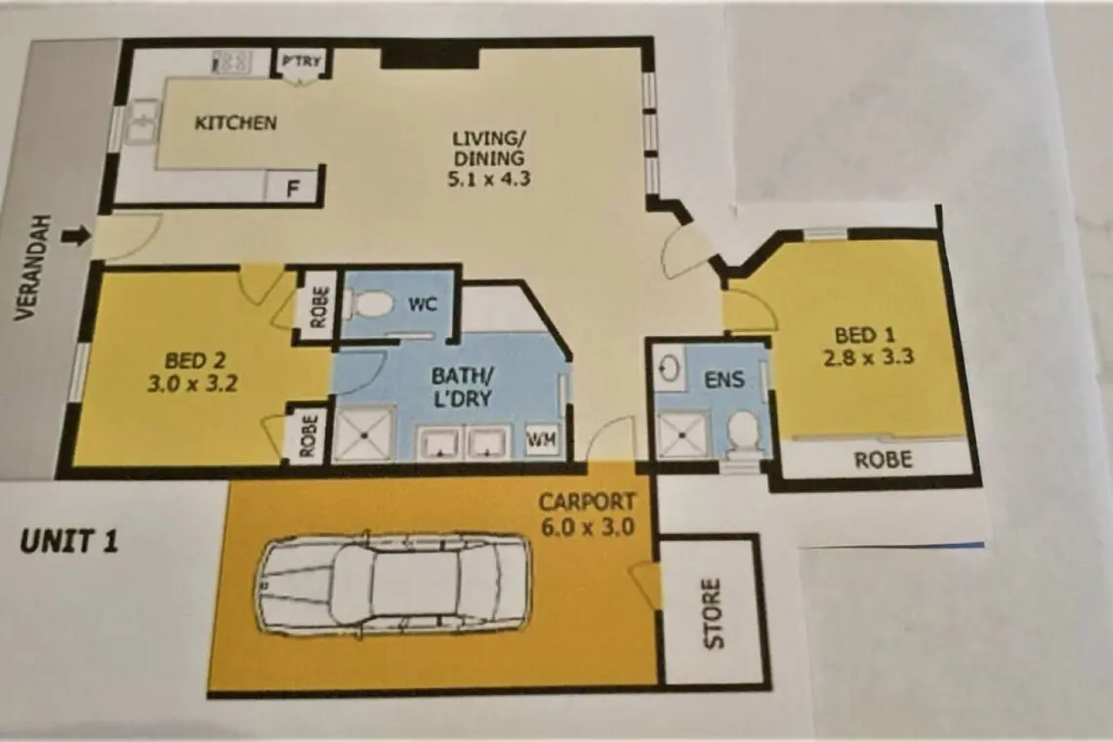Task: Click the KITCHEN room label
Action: click(235, 123)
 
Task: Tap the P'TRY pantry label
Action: click(302, 62)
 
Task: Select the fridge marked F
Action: click(292, 188)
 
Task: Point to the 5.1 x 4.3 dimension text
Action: click(488, 179)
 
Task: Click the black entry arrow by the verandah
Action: click(77, 235)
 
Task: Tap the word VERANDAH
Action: click(25, 267)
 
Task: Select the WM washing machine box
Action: click(541, 440)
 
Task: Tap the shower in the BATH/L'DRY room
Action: click(363, 433)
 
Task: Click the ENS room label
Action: click(724, 380)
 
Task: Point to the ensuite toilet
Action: click(743, 431)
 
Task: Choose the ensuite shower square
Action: click(682, 434)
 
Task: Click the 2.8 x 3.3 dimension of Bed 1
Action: click(868, 356)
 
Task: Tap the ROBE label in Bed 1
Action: click(883, 460)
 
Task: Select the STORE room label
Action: click(713, 613)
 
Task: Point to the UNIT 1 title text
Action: click(69, 542)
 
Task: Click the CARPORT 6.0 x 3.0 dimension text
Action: click(587, 527)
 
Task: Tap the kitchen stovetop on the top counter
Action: click(232, 62)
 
